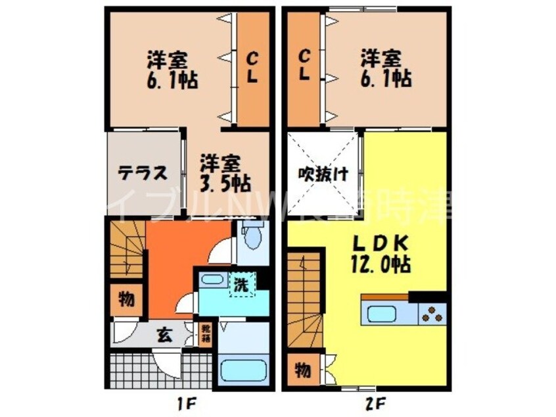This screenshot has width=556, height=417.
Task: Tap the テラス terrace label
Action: pyautogui.click(x=141, y=174)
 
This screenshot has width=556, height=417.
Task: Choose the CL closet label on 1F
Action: pyautogui.click(x=252, y=68)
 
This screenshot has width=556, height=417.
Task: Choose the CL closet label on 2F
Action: pyautogui.click(x=304, y=64)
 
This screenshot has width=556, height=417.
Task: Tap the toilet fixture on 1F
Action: pyautogui.click(x=252, y=237)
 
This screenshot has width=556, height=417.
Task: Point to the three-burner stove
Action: pyautogui.click(x=433, y=314)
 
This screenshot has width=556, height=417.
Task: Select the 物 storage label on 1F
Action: pyautogui.click(x=127, y=301)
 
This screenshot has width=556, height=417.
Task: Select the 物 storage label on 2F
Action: pyautogui.click(x=302, y=370)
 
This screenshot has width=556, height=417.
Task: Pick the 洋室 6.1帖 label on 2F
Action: pyautogui.click(x=385, y=68)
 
